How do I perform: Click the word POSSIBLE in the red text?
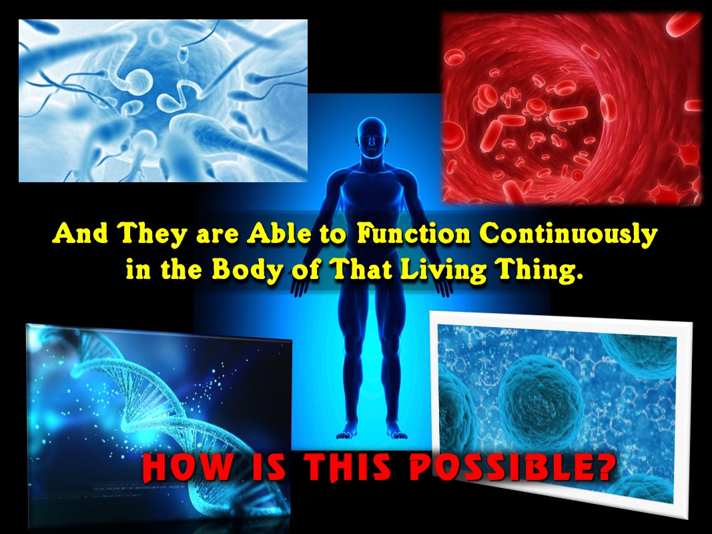tap(512, 467)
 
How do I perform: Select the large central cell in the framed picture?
tap(541, 396)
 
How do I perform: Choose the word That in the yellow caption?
tap(362, 270)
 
